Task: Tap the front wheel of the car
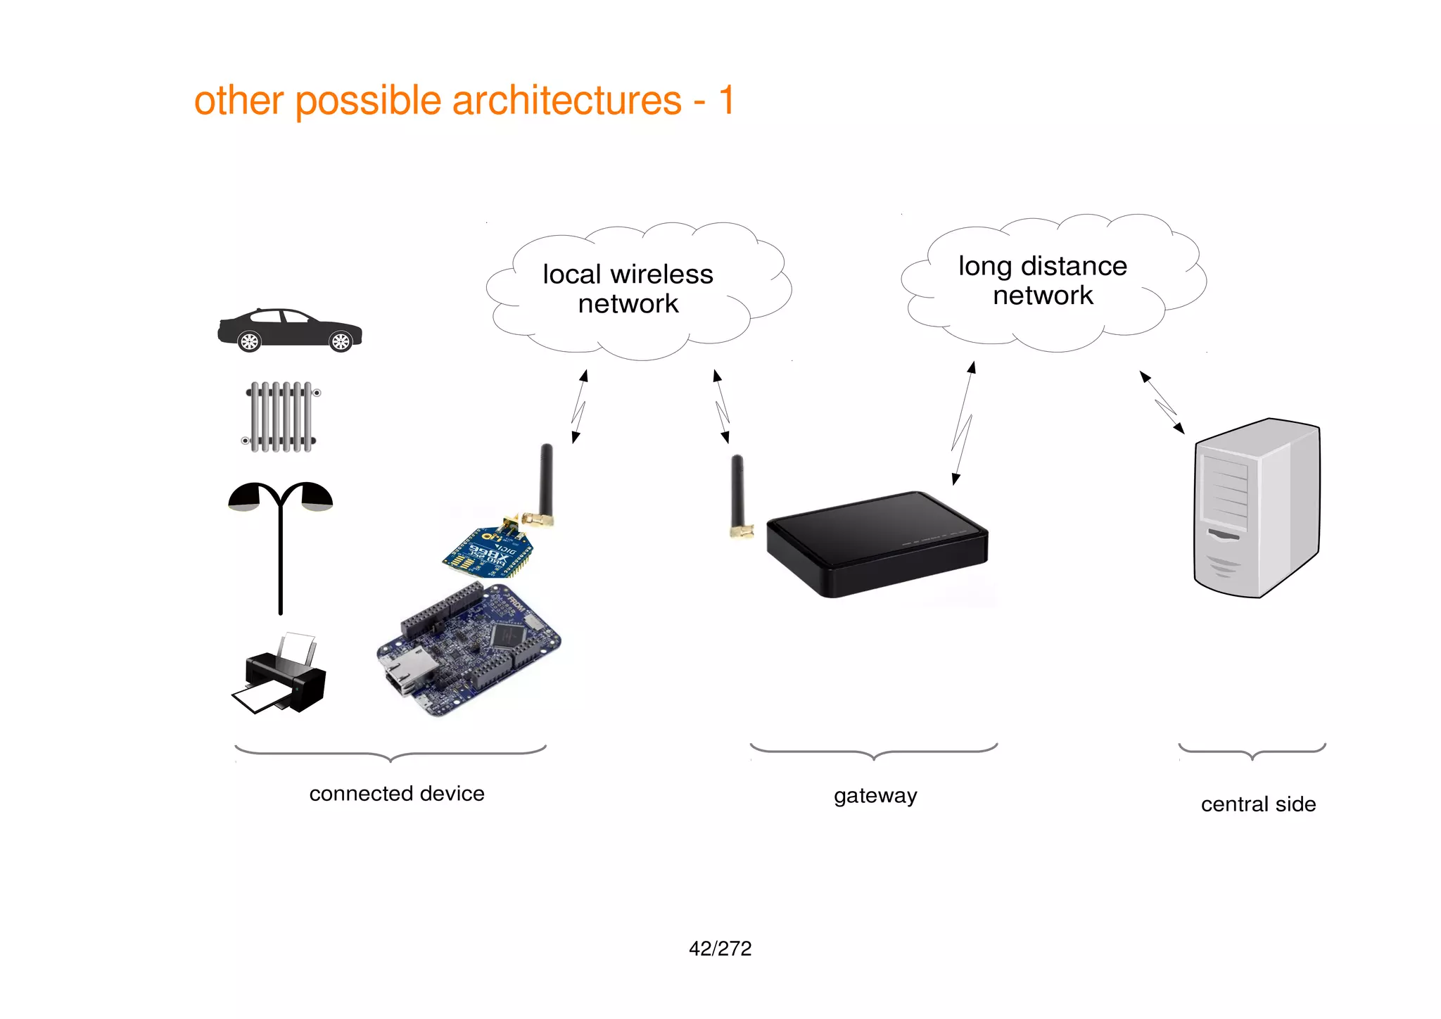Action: pyautogui.click(x=341, y=342)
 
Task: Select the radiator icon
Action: pyautogui.click(x=281, y=417)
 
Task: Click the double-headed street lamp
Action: pyautogui.click(x=281, y=535)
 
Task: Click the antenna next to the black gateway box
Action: pyautogui.click(x=738, y=496)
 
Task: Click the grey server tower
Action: pyautogui.click(x=1257, y=508)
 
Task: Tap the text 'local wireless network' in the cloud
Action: pyautogui.click(x=628, y=289)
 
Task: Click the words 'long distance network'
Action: pyautogui.click(x=1043, y=280)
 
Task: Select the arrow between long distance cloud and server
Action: pyautogui.click(x=1162, y=403)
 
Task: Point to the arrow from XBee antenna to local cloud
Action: pyautogui.click(x=579, y=407)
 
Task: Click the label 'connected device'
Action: pyautogui.click(x=397, y=794)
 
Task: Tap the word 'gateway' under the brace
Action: pyautogui.click(x=875, y=795)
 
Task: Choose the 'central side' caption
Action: pyautogui.click(x=1258, y=804)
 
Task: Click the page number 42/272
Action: pyautogui.click(x=720, y=949)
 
